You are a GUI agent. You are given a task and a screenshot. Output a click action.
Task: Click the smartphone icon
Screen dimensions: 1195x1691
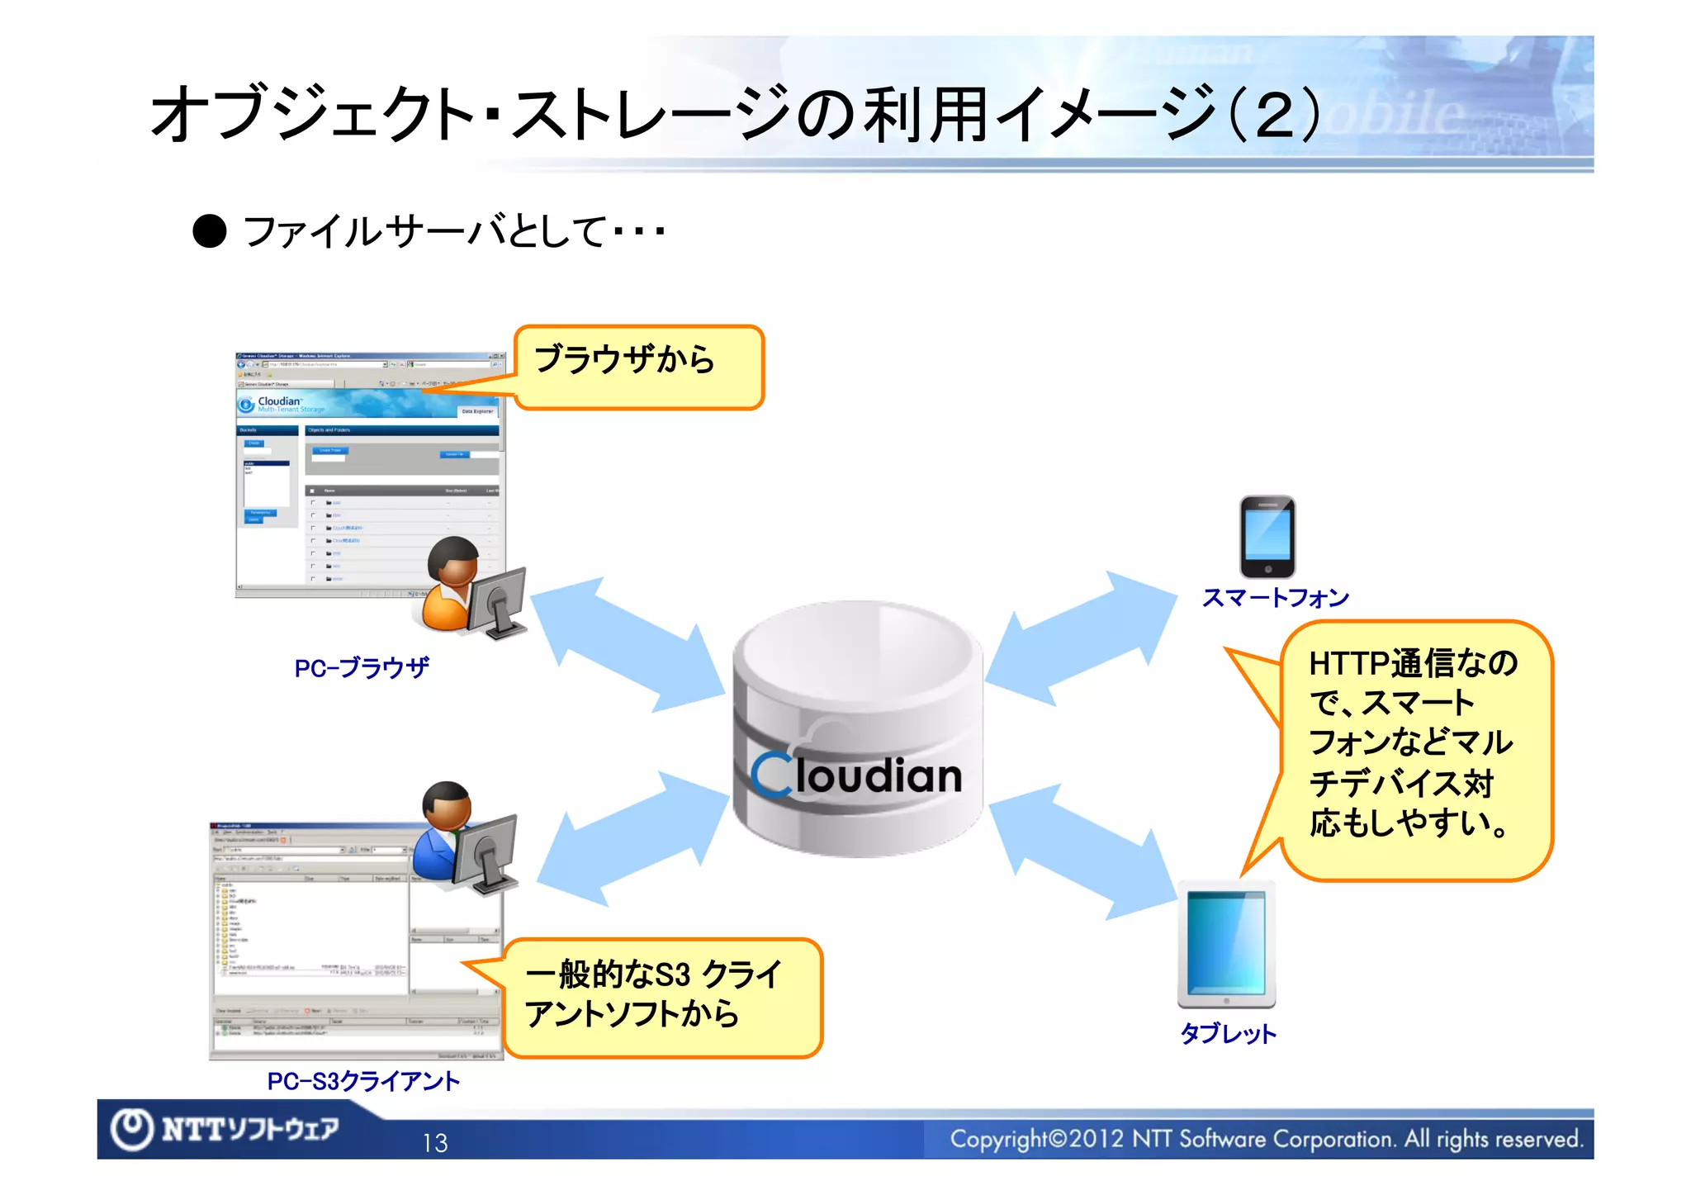click(1267, 537)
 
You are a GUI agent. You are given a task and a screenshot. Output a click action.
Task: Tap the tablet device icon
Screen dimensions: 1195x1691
click(1226, 945)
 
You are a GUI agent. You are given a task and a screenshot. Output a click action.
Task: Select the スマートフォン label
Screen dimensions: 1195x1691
click(1275, 597)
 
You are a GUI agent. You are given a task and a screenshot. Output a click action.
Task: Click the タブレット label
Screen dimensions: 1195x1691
click(1228, 1033)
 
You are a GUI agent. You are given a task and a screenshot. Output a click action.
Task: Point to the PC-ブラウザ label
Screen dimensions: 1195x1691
click(362, 667)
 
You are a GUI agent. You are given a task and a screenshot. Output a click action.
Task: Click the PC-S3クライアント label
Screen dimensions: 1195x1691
click(363, 1081)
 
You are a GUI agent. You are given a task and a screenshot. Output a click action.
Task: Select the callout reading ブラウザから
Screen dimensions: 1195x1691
click(637, 366)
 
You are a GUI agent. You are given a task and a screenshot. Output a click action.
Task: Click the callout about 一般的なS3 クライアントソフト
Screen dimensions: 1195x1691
click(661, 997)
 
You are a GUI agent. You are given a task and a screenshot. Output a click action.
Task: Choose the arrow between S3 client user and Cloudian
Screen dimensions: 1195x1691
click(632, 839)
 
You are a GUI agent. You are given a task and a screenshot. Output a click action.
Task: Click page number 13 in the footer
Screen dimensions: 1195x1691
click(434, 1143)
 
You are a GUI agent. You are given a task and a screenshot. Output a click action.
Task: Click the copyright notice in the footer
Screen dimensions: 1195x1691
click(1266, 1140)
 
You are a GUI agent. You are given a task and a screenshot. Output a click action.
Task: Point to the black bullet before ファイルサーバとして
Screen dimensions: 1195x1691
click(210, 231)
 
